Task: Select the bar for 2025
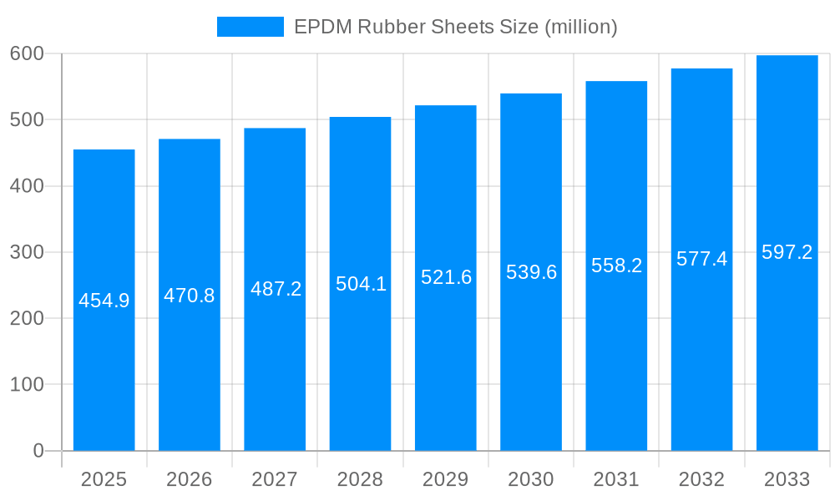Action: coord(104,301)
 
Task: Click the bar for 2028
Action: coord(360,284)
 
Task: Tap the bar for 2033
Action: coord(787,253)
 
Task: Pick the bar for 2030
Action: coord(531,272)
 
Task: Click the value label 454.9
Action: coord(104,301)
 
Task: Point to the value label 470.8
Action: coord(190,296)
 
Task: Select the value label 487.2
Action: coord(276,289)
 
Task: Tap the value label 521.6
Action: coord(446,277)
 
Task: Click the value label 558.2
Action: coord(616,266)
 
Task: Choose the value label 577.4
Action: coord(701,259)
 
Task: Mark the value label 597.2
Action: coord(787,252)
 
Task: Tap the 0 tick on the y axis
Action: coord(38,451)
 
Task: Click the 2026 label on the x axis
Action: coord(190,479)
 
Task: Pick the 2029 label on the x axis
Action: coord(446,479)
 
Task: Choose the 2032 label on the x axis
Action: coord(701,479)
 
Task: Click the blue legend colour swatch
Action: coord(250,27)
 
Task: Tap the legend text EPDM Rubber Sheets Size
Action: coord(455,27)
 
